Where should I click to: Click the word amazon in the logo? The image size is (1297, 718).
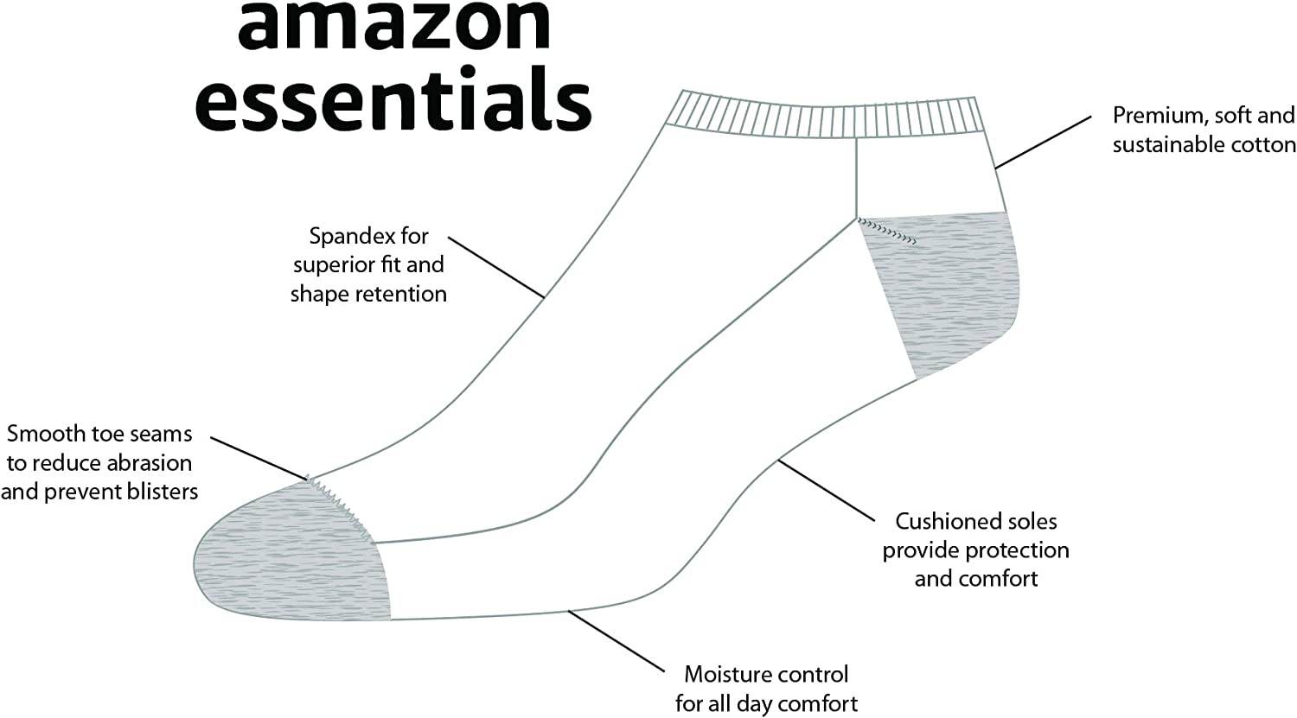point(394,26)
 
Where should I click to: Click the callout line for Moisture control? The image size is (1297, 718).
point(619,641)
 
